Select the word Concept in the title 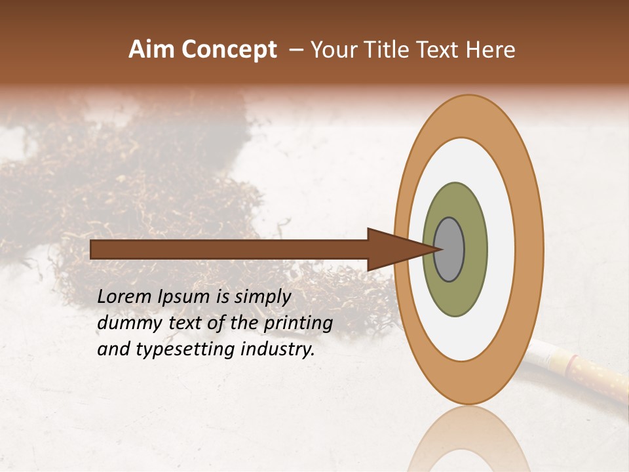point(229,50)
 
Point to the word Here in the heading point(492,50)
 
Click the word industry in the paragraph point(277,349)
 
